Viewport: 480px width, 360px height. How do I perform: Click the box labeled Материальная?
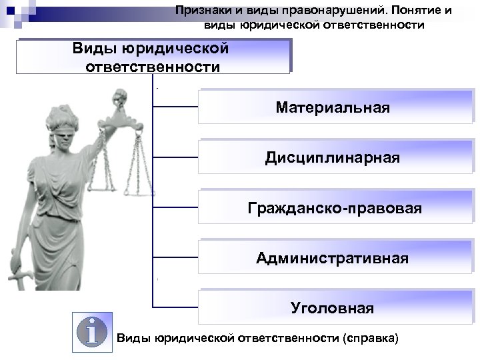pyautogui.click(x=333, y=107)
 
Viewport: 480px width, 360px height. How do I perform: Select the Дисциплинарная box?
pyautogui.click(x=333, y=158)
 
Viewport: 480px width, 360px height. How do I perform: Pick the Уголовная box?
pyautogui.click(x=333, y=308)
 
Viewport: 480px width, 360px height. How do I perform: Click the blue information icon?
pyautogui.click(x=93, y=330)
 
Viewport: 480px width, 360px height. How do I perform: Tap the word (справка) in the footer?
pyautogui.click(x=369, y=338)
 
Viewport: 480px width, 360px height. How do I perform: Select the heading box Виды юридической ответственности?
pyautogui.click(x=154, y=57)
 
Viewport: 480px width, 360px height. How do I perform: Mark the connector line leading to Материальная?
pyautogui.click(x=176, y=107)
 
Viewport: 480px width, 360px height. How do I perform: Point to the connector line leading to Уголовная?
pyautogui.click(x=176, y=307)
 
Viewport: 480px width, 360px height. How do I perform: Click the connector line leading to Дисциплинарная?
pyautogui.click(x=176, y=157)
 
